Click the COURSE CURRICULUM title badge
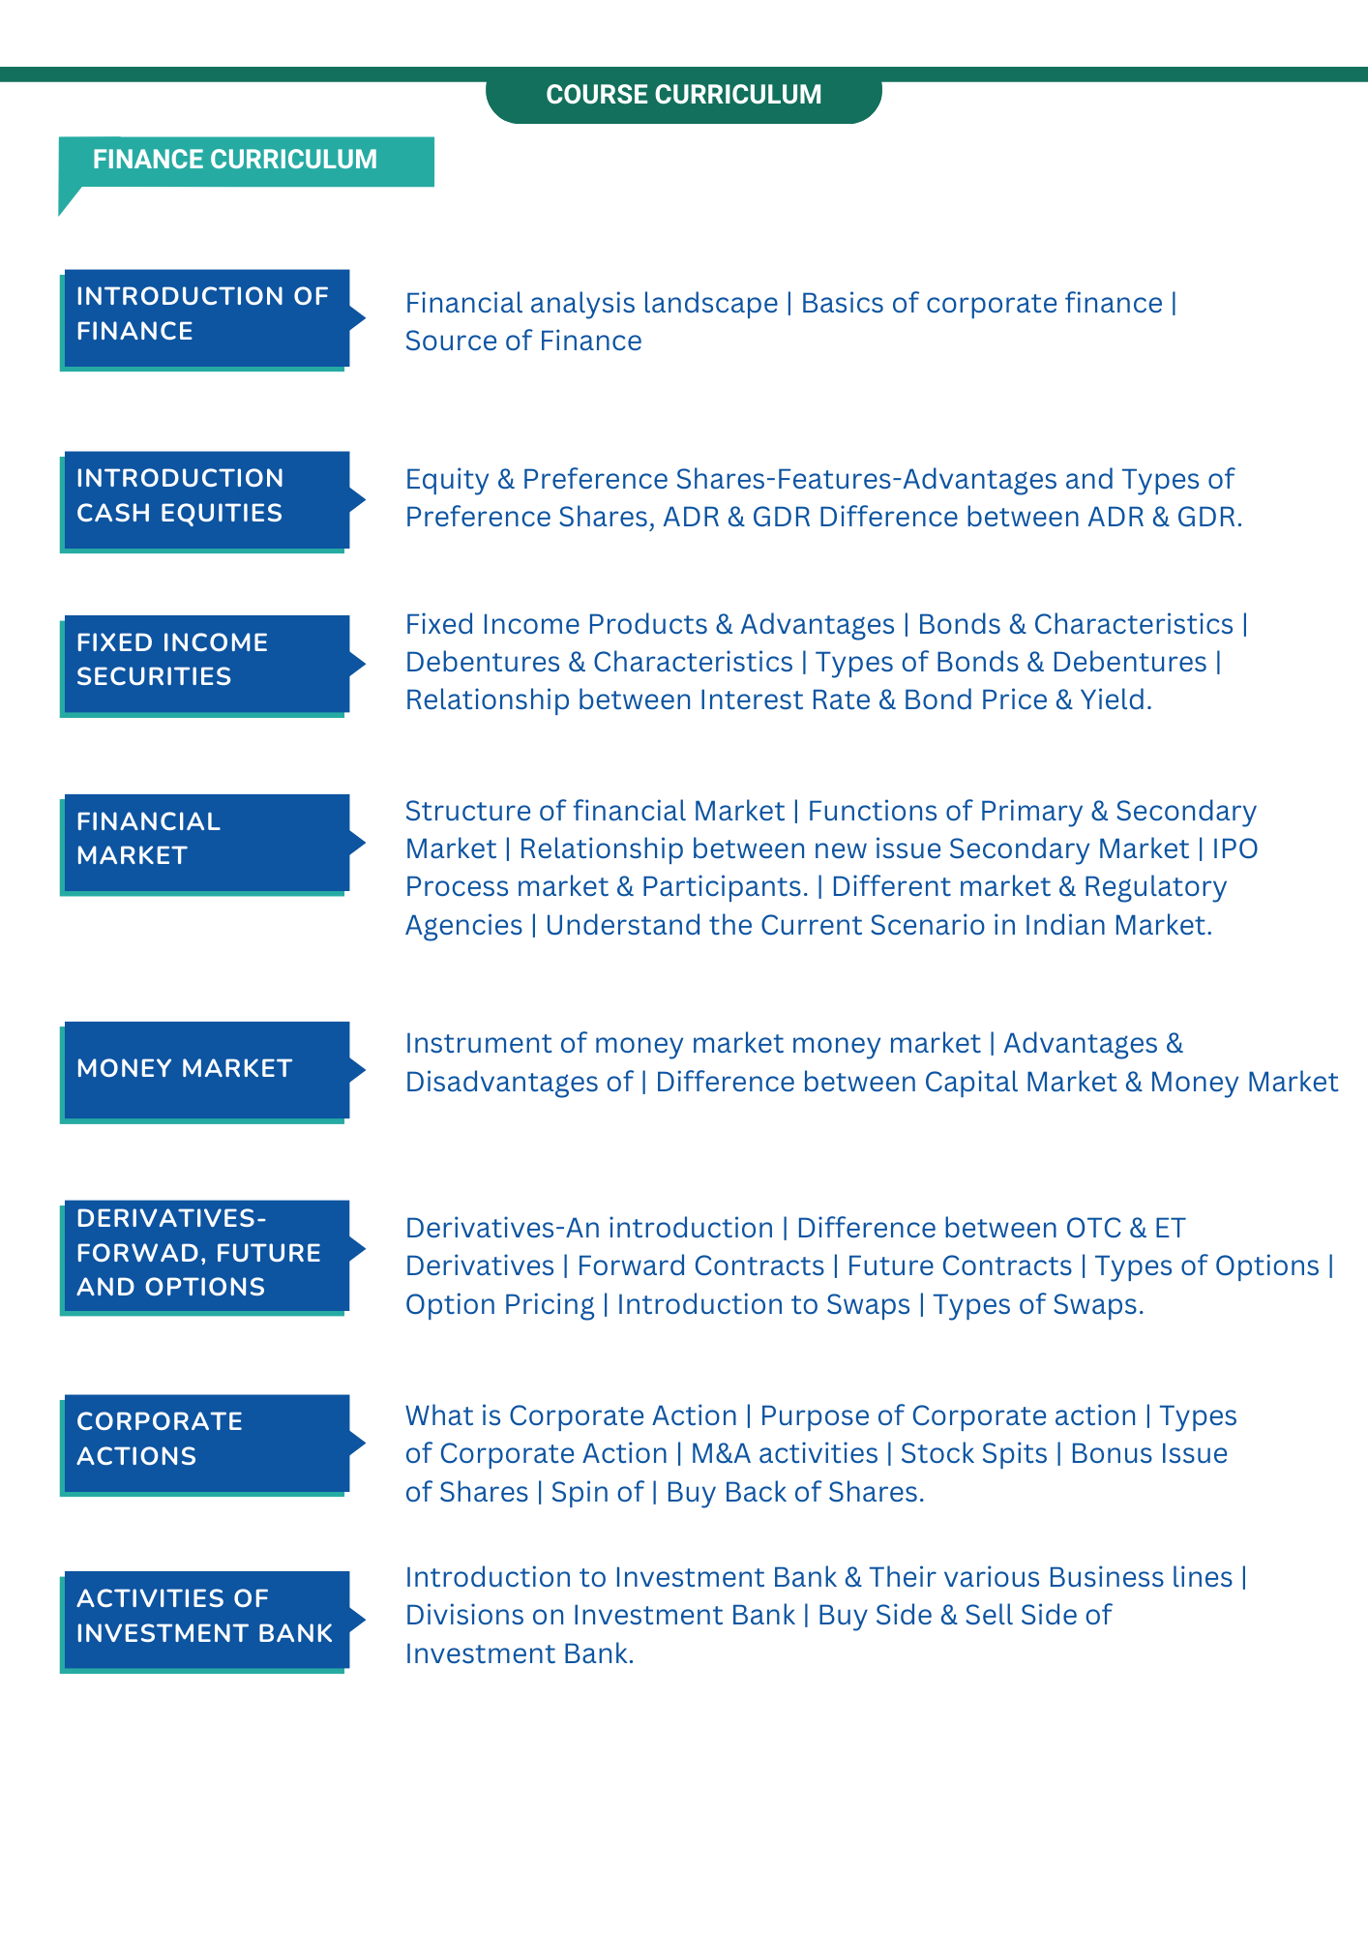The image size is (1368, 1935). (x=683, y=95)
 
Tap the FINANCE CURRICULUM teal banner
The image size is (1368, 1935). (x=235, y=160)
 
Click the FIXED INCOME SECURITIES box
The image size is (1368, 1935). (x=205, y=663)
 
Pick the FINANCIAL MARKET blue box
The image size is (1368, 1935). (x=205, y=841)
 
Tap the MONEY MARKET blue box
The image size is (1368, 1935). (x=205, y=1069)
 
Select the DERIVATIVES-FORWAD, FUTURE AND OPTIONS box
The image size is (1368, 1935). (x=205, y=1254)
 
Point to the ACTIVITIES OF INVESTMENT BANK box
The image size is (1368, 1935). (x=205, y=1618)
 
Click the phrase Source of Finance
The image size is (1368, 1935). (x=523, y=342)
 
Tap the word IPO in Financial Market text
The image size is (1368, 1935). (x=1234, y=849)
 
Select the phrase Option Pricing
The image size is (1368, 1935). (x=499, y=1305)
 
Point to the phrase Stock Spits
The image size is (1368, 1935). (x=973, y=1454)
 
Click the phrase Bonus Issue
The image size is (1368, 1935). (x=1148, y=1454)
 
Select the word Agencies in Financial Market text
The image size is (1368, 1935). (x=463, y=926)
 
